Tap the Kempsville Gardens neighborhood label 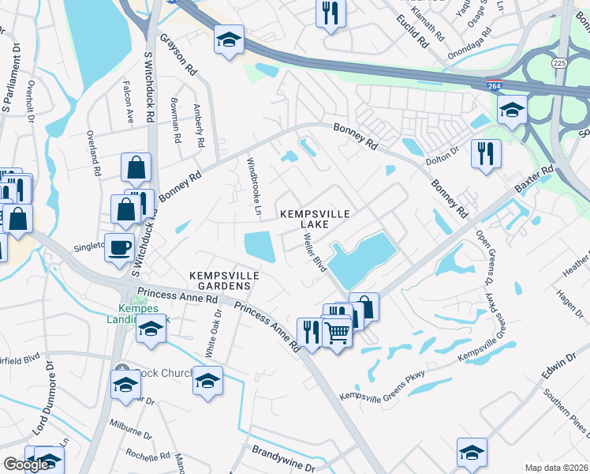(225, 280)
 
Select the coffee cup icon (120, 247)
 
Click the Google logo (26, 465)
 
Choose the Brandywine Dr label (284, 452)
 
